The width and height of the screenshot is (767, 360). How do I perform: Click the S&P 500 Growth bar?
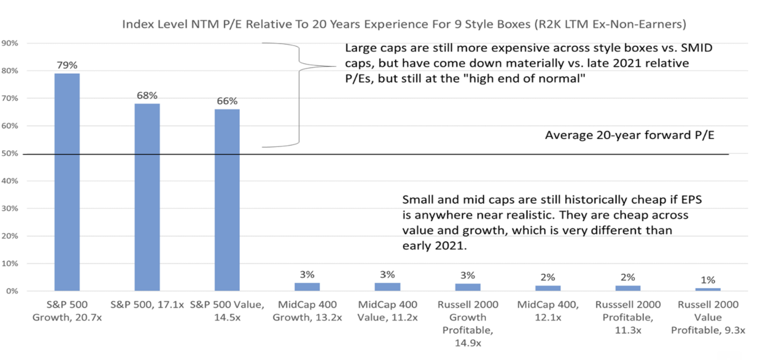(x=67, y=182)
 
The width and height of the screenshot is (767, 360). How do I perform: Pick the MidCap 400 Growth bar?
(x=307, y=287)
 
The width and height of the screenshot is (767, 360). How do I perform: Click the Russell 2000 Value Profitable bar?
(x=707, y=290)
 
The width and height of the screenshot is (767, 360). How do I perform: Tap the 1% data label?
(x=707, y=280)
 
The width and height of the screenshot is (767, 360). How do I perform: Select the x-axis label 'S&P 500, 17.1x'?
(x=147, y=305)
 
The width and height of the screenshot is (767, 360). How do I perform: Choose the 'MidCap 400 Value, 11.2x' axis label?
(x=387, y=311)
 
